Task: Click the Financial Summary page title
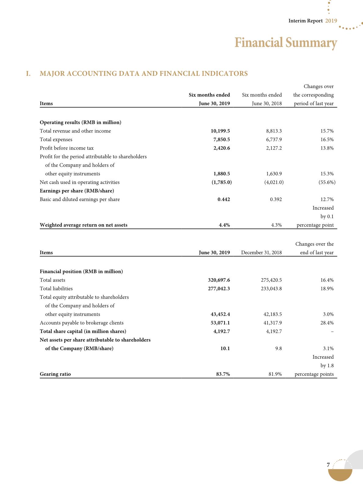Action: (286, 43)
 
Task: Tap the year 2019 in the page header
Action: (331, 21)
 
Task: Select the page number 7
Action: (328, 465)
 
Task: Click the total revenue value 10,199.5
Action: (220, 131)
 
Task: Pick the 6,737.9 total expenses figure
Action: (274, 140)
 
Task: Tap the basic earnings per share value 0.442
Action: (224, 199)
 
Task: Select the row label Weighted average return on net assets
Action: (84, 225)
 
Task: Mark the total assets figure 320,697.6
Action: (219, 280)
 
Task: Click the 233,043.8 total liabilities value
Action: (271, 288)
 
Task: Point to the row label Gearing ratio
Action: (55, 374)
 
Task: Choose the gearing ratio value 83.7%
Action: (223, 374)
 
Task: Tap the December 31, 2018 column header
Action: (261, 252)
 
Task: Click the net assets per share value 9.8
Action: (278, 348)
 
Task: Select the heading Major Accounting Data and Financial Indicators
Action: (144, 74)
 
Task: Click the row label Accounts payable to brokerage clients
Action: (81, 323)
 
